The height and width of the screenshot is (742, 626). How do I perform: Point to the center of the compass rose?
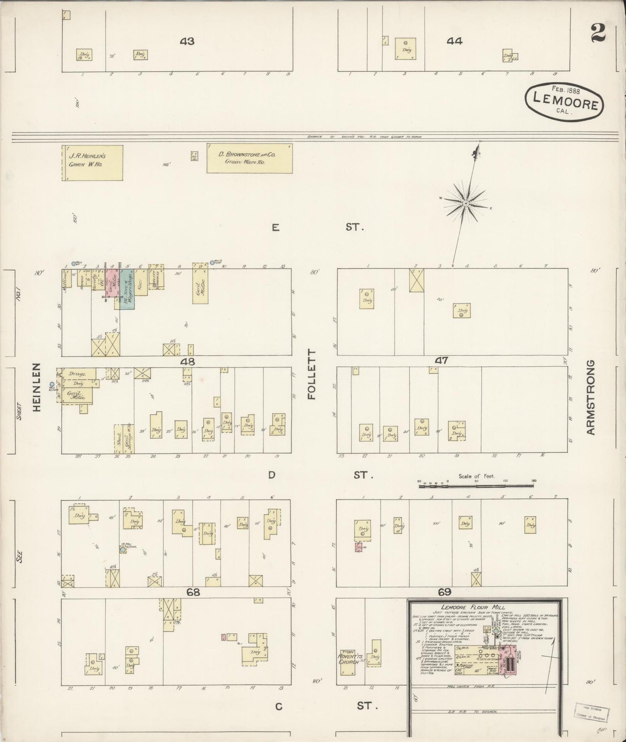point(466,203)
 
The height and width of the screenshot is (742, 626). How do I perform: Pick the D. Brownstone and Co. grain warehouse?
point(249,158)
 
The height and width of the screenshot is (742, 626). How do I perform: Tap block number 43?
point(187,42)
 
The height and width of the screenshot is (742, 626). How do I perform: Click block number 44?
point(454,41)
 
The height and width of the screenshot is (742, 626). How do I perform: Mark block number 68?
point(193,592)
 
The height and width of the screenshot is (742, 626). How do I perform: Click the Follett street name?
point(313,374)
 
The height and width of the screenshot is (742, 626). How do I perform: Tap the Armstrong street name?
point(590,397)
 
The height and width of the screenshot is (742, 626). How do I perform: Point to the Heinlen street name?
point(36,387)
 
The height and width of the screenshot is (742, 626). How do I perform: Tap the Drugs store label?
point(78,374)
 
